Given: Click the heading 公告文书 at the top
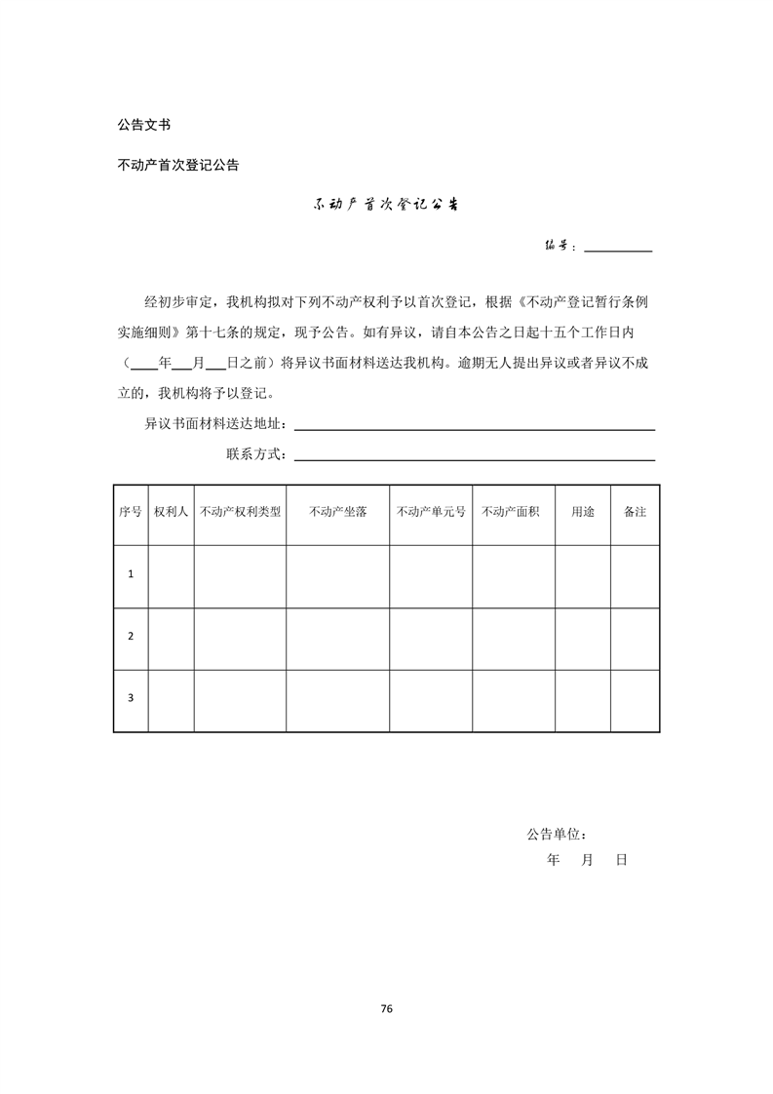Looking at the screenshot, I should pos(144,125).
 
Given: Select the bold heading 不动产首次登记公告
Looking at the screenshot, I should pos(178,165).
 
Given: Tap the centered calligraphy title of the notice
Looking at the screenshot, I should pos(386,206).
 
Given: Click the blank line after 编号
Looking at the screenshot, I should pos(618,250).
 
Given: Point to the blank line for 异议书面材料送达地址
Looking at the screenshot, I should pos(474,428).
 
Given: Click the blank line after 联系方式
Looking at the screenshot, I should pos(474,459).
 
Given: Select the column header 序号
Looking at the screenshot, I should pos(131,512).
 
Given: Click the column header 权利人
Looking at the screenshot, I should pos(171,512).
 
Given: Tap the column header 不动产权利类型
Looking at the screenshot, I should pos(240,512).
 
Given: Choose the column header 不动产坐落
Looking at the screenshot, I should pos(337,512).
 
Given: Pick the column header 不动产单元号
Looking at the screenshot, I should pos(431,512).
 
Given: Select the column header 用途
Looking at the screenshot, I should pos(582,512).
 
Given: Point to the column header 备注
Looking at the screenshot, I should pos(635,512).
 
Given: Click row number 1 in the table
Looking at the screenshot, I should pos(131,574).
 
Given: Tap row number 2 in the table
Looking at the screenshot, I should pos(131,637).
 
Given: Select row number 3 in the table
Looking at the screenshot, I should pos(131,698).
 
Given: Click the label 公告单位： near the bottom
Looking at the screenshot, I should pos(556,835).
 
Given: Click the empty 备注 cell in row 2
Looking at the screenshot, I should pos(635,638).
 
